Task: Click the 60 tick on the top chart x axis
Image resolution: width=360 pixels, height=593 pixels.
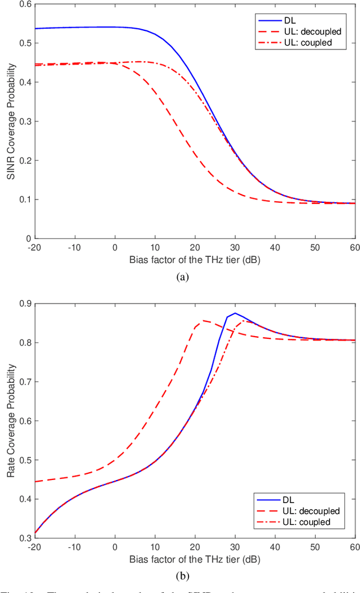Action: tap(355, 247)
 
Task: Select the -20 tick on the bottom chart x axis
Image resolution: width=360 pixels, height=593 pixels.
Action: tap(35, 546)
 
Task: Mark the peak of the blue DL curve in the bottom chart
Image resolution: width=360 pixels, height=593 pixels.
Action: tap(235, 313)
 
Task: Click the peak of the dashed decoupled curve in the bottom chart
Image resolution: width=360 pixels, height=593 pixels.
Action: tap(202, 320)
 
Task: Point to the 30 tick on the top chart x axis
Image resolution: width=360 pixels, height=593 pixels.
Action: tap(235, 247)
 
